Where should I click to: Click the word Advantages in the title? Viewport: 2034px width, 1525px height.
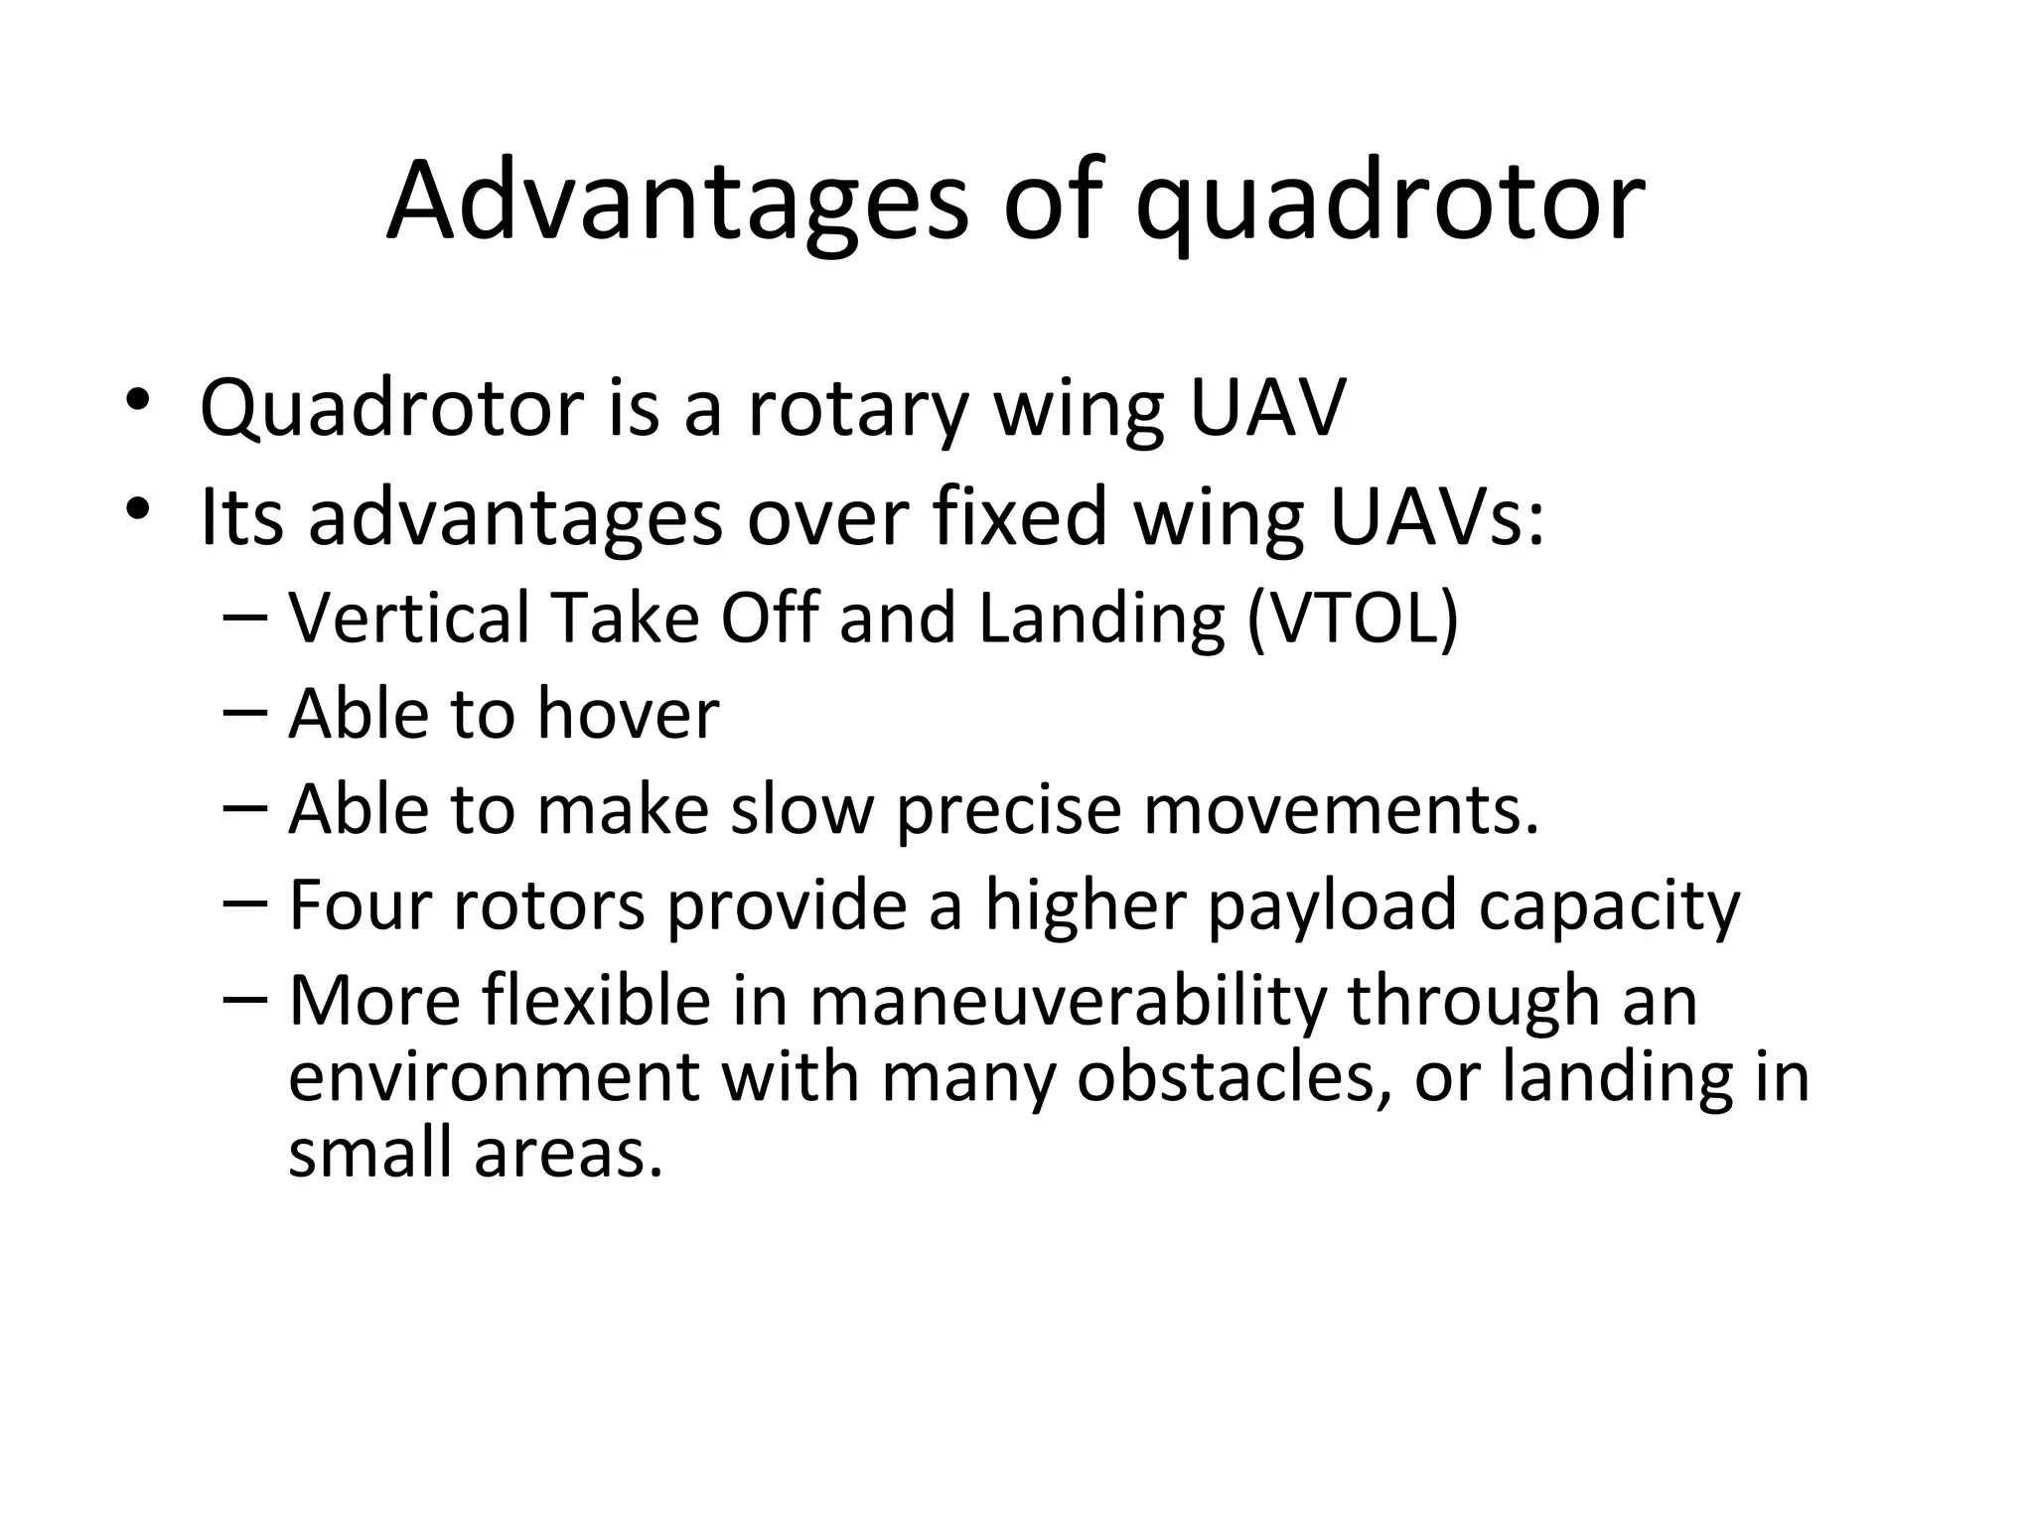pyautogui.click(x=676, y=204)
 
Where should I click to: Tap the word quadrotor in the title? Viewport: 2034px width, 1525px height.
pyautogui.click(x=1389, y=208)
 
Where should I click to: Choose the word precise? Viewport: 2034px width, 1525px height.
pyautogui.click(x=1008, y=810)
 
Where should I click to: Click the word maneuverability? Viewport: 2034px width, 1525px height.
pyautogui.click(x=1068, y=1001)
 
